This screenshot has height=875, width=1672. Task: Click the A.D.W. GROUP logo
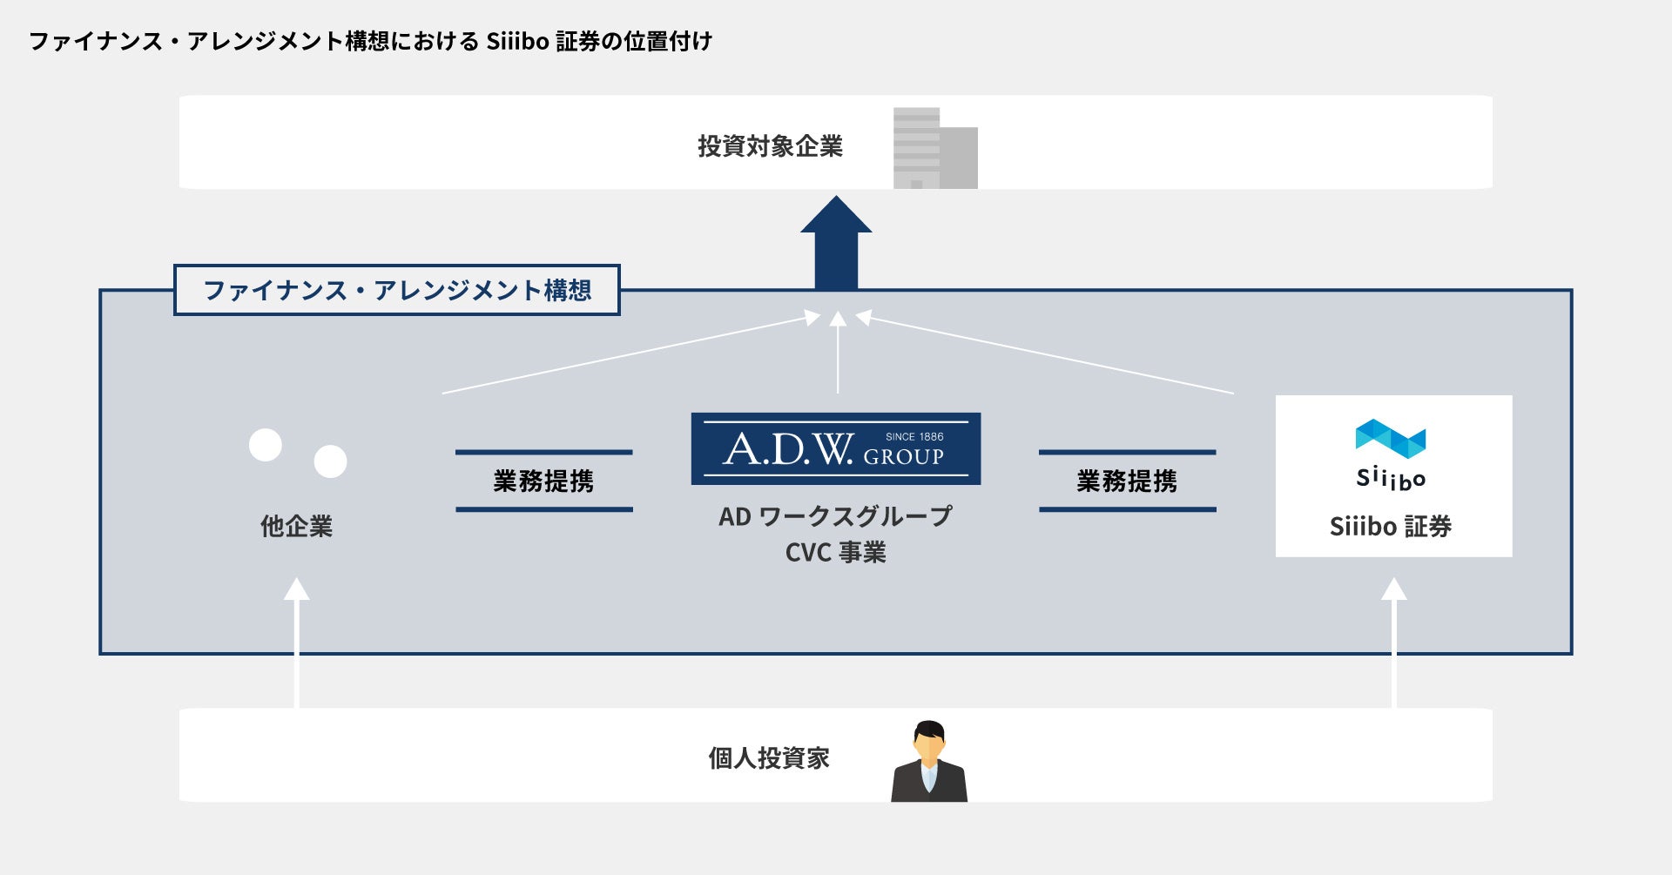[x=835, y=448]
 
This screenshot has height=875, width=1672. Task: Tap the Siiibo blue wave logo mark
[x=1390, y=438]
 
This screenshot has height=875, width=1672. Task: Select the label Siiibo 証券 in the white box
[x=1390, y=526]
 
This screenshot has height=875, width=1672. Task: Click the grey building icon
[x=935, y=149]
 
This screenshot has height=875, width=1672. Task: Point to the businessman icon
[x=928, y=762]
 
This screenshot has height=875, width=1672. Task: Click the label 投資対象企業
[x=770, y=146]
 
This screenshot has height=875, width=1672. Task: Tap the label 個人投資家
[x=768, y=758]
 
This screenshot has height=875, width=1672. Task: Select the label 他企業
[x=296, y=526]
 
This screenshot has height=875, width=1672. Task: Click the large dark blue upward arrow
[x=836, y=244]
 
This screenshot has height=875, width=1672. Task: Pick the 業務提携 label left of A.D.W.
[x=543, y=481]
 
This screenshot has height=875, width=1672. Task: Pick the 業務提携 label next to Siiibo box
[x=1127, y=481]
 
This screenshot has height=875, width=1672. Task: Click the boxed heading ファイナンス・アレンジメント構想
[x=397, y=290]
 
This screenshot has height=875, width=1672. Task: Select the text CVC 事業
[x=835, y=552]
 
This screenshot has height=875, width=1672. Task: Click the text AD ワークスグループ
[x=835, y=516]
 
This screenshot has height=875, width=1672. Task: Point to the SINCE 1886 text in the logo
[x=914, y=436]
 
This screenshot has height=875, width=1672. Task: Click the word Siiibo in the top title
[x=516, y=41]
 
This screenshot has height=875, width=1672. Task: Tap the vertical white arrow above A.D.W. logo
[x=838, y=353]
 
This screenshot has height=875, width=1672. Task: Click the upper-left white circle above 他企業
[x=266, y=445]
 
